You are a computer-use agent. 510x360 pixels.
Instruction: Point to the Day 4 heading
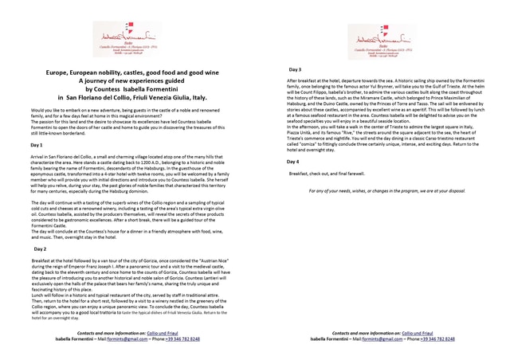(x=292, y=162)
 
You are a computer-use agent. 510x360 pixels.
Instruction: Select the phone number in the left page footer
(x=179, y=339)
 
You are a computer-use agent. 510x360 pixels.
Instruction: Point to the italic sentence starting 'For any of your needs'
(x=387, y=191)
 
